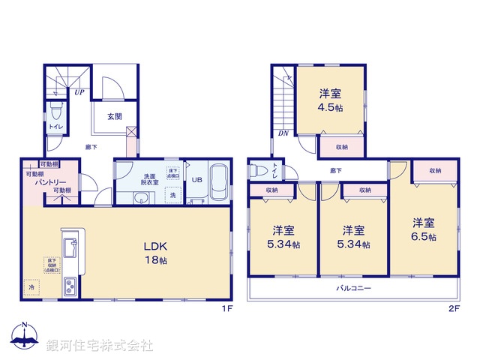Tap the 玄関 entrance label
point(114,116)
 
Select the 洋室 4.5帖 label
point(331,100)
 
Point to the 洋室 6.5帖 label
point(424,229)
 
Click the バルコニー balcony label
point(352,287)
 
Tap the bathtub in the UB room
point(217,181)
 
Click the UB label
point(196,180)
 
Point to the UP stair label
point(78,92)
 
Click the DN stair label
point(283,133)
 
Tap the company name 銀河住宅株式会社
point(99,345)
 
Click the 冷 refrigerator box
point(31,286)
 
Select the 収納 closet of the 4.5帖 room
point(341,147)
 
